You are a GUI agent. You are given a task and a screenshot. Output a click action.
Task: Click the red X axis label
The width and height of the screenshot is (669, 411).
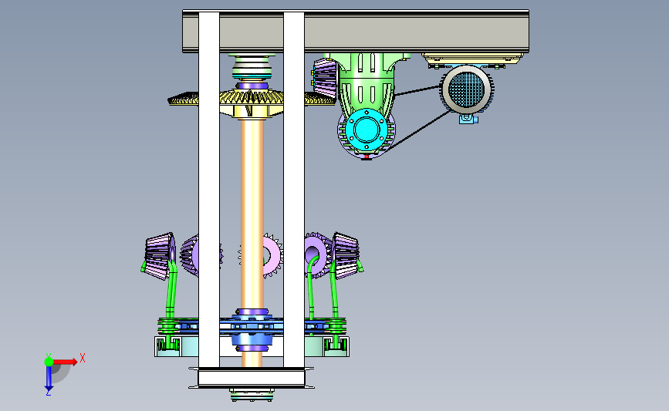click(83, 358)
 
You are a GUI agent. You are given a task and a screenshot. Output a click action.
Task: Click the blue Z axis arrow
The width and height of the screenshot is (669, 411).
click(49, 378)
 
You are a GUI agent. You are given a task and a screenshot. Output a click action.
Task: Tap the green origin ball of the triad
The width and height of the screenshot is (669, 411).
click(49, 362)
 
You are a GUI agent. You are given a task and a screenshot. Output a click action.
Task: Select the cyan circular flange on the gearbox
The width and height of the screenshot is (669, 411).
click(366, 128)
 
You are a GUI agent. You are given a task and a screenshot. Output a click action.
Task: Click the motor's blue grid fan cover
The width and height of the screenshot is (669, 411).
click(467, 89)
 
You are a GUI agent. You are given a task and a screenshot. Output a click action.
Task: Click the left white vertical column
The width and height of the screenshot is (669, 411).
click(209, 190)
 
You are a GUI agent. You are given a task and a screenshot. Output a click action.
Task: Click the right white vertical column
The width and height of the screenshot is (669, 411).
click(294, 190)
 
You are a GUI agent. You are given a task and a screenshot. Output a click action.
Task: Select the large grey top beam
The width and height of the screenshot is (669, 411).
click(356, 31)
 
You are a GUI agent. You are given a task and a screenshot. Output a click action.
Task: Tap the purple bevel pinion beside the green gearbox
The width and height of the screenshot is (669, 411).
click(326, 79)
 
